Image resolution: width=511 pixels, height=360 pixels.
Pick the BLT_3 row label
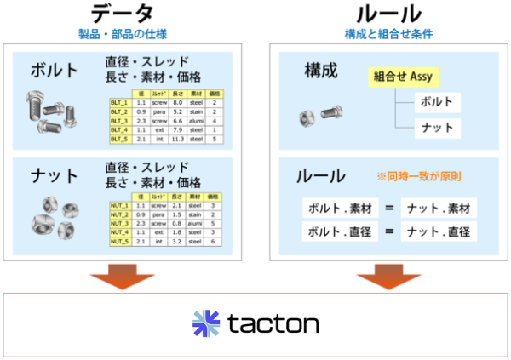119,121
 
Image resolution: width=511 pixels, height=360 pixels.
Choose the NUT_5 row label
119,241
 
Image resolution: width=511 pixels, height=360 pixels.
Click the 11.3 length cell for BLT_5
177,140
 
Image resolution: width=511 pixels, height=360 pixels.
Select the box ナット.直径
437,231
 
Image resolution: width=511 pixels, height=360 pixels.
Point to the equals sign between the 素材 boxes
386,208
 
